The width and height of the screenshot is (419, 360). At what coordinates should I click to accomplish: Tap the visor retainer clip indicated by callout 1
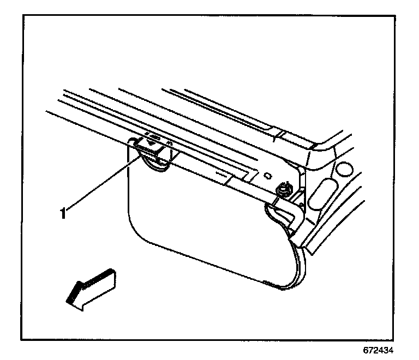pyautogui.click(x=149, y=147)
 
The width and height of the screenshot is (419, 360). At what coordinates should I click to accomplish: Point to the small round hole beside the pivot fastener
pyautogui.click(x=267, y=176)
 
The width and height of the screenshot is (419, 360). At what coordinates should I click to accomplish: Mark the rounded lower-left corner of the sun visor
pyautogui.click(x=136, y=232)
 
